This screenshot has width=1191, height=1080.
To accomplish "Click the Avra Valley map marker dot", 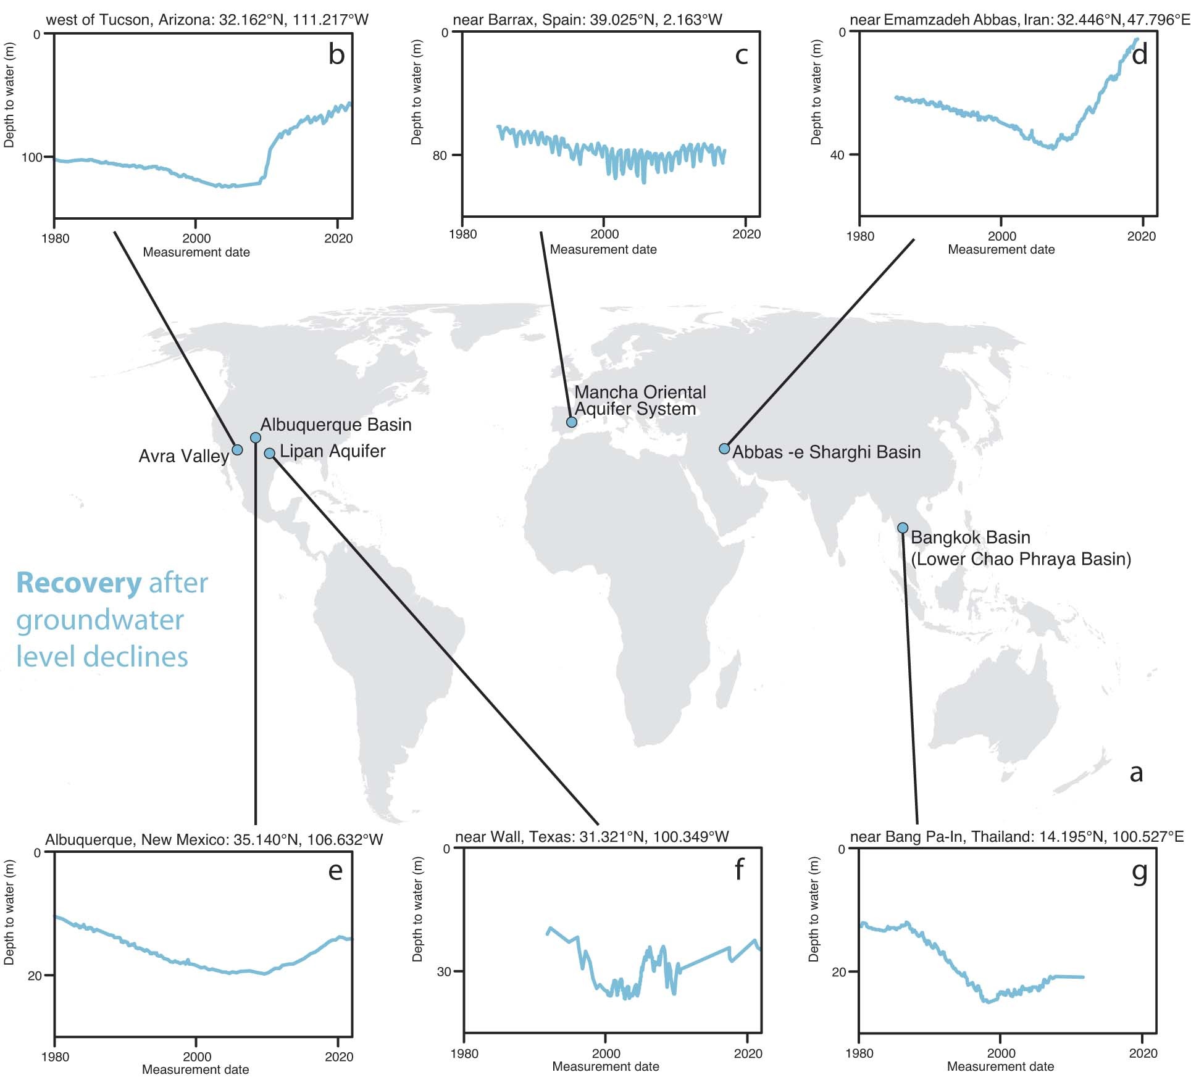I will click(237, 449).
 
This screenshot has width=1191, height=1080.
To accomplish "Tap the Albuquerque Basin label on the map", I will click(335, 425).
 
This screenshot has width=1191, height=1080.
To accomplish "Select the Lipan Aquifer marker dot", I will click(269, 454).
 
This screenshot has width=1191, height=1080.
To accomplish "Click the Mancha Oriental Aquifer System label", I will click(639, 401).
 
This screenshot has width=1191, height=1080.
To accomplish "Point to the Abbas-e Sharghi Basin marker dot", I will click(724, 449).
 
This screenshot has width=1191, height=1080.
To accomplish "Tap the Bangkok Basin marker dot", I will click(903, 528).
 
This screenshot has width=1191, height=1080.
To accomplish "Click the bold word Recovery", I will click(79, 583).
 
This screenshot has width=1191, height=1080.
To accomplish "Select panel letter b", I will click(336, 55).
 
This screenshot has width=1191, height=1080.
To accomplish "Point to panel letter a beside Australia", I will click(1136, 772).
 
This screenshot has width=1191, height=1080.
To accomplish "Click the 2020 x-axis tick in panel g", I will click(1143, 1053).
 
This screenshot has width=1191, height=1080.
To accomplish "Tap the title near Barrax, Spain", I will click(587, 20).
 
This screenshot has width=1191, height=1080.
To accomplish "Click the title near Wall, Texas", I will click(591, 837).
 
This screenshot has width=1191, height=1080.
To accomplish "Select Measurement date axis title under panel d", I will click(1001, 249).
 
